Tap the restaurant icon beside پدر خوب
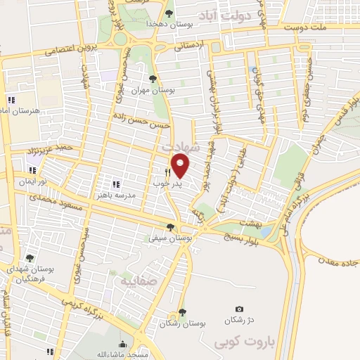coord(167,172)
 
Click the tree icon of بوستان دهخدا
coord(167,13)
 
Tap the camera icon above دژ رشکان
coord(240,309)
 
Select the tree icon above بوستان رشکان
coord(182,312)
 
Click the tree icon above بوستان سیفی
coord(170,226)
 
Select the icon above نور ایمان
coord(32,170)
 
